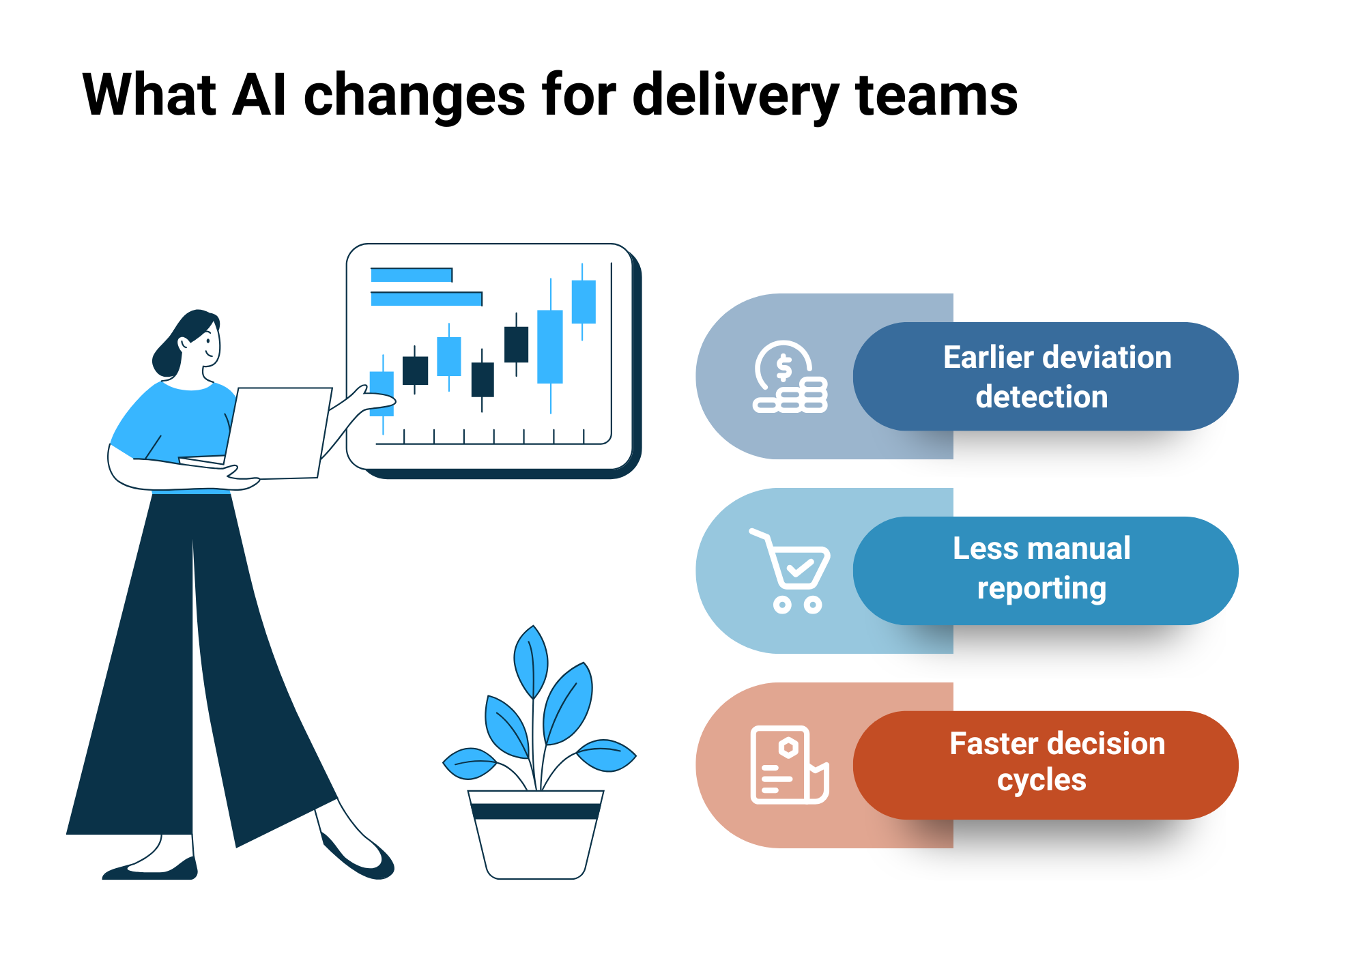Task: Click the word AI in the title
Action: point(259,95)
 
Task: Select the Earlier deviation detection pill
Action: point(1046,376)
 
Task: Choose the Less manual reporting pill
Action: point(1046,571)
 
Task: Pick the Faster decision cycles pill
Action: point(1046,765)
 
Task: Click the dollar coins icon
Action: point(790,377)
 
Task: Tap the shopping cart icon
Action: point(790,571)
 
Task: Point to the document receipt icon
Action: point(790,765)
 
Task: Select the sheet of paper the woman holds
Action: point(278,433)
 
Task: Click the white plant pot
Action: point(536,835)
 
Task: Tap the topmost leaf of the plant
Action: point(531,661)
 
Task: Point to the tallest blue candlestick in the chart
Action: point(550,346)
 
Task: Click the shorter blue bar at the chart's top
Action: point(412,275)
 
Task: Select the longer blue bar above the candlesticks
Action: point(427,299)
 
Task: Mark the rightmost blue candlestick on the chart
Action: point(584,302)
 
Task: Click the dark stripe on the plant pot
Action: point(536,811)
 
